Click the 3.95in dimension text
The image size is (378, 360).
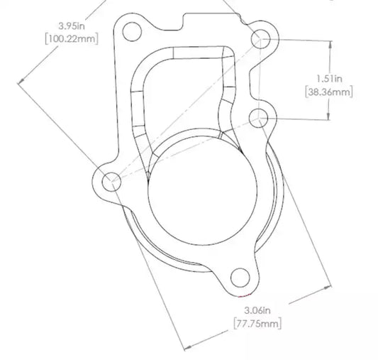72,26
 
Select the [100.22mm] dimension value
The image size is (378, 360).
72,38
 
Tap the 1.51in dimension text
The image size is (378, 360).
329,79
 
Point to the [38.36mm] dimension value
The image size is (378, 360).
329,92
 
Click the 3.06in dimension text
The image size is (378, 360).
257,310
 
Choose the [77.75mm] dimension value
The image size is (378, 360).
257,323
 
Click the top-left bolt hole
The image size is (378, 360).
132,32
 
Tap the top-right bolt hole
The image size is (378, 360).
260,39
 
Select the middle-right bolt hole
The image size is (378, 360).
258,119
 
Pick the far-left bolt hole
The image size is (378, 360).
111,182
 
